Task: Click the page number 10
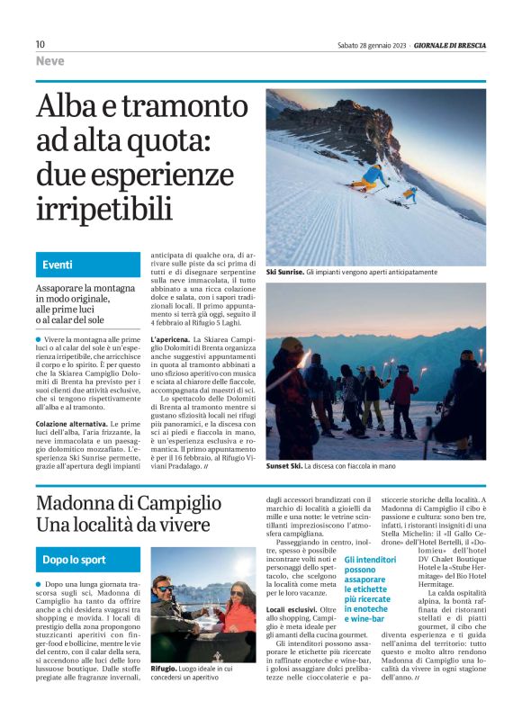(x=40, y=44)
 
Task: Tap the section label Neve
(x=50, y=61)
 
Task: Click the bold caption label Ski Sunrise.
(x=284, y=271)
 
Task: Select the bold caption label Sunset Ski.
(x=284, y=466)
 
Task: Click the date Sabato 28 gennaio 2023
(x=372, y=44)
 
